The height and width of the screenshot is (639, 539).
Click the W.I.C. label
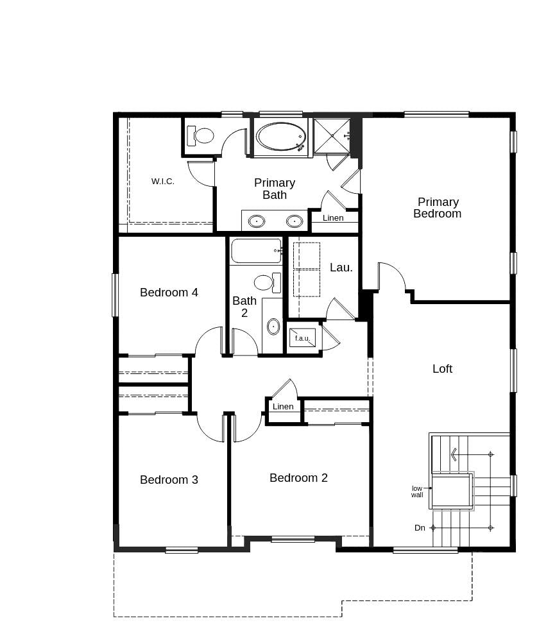162,182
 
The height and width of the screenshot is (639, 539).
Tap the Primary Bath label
275,189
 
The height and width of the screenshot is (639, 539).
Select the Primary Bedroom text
438,208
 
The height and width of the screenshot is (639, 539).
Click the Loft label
442,369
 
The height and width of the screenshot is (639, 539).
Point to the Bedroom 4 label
169,293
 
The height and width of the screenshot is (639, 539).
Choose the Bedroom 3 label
169,480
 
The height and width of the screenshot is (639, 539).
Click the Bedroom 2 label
298,478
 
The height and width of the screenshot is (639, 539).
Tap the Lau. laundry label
341,268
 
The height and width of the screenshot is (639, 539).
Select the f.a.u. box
302,338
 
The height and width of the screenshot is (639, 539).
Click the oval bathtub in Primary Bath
280,137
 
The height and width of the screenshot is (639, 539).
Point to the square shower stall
332,136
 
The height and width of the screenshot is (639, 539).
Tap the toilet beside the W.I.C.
201,135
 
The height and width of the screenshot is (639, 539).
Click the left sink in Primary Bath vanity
256,221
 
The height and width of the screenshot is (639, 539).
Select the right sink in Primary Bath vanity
294,221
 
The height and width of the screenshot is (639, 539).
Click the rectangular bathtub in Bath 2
256,251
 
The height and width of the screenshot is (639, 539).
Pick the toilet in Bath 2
266,282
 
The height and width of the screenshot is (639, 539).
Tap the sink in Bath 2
273,326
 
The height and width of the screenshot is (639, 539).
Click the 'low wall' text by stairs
417,491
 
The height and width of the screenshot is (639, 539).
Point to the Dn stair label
420,528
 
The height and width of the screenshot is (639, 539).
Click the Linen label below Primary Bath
333,218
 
